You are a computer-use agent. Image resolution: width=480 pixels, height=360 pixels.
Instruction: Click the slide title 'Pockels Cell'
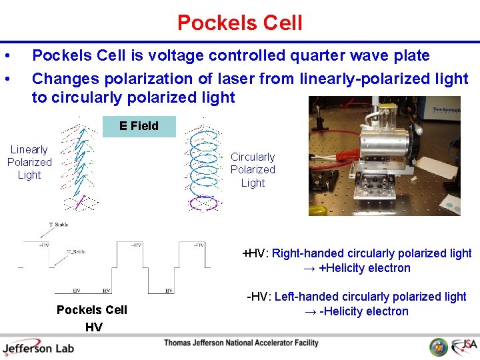pos(239,23)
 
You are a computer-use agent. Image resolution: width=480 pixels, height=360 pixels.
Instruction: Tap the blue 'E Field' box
pos(139,126)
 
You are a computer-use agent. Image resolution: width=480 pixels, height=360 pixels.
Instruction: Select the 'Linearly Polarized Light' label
pos(29,162)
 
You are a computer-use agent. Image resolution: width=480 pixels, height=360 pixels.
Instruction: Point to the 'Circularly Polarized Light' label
pos(253,170)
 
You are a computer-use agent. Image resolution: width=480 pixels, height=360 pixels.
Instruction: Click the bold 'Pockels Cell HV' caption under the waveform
pos(92,318)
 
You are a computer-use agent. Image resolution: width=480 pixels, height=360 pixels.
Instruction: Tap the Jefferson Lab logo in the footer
pos(38,347)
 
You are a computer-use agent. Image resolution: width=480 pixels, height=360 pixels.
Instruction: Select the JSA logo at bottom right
pos(463,347)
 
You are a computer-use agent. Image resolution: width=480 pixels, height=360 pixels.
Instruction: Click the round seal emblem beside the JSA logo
pos(438,347)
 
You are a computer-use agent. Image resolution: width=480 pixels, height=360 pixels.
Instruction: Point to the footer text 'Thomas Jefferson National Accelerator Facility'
pos(241,343)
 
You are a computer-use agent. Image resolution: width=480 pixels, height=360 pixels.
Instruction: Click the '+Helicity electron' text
pos(365,268)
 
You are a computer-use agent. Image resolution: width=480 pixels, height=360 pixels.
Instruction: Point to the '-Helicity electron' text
pos(365,311)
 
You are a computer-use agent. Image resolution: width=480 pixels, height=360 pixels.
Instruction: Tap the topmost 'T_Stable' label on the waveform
pos(59,225)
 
